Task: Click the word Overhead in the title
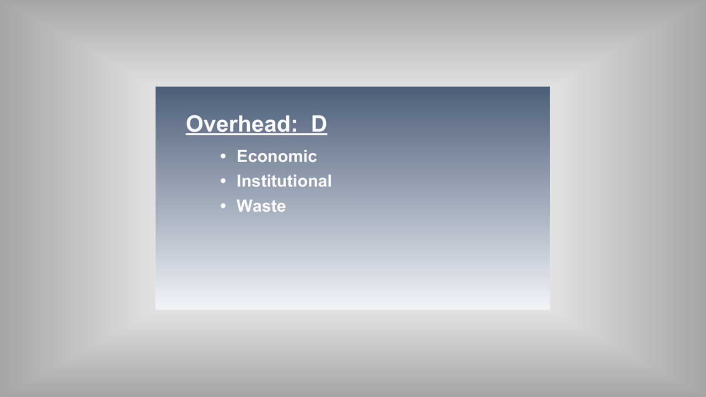[237, 124]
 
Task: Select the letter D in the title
[319, 124]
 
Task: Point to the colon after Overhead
[295, 126]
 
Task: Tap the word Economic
[277, 156]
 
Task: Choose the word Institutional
[284, 181]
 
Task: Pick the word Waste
[261, 206]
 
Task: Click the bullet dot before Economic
[223, 156]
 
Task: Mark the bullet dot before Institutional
[223, 181]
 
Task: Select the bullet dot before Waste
[223, 206]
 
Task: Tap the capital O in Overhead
[195, 124]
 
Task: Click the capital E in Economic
[243, 156]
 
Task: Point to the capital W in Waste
[245, 206]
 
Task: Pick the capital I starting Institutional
[239, 181]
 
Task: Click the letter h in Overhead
[244, 124]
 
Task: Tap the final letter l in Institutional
[330, 181]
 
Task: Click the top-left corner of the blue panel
[156, 87]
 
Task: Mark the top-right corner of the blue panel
[550, 87]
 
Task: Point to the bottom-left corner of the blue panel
[156, 309]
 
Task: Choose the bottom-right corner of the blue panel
[550, 309]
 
